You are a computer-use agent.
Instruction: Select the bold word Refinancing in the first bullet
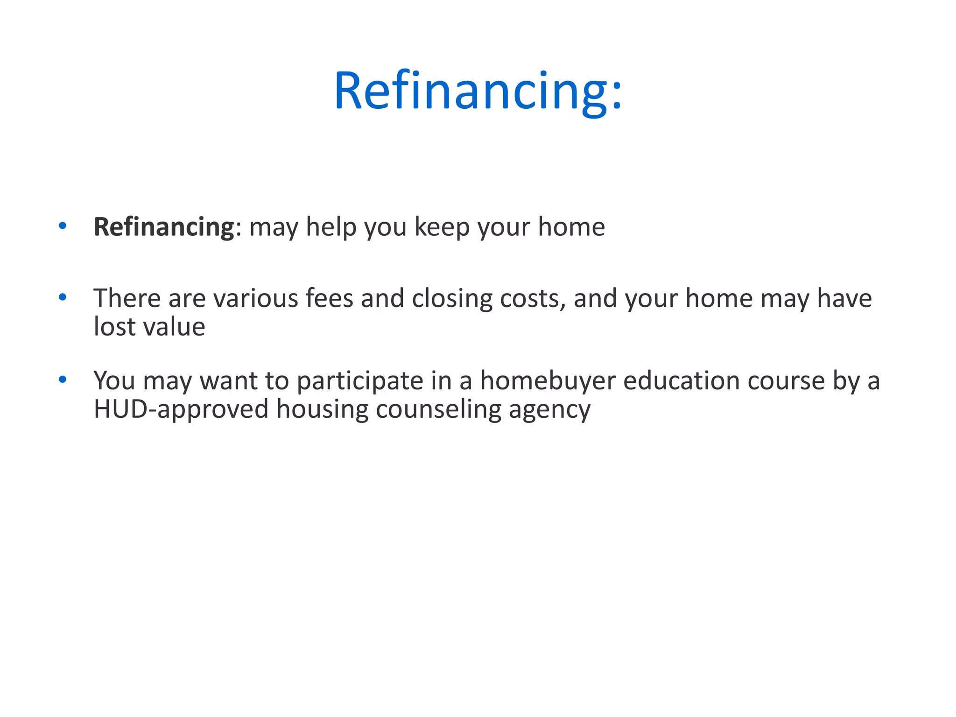(163, 227)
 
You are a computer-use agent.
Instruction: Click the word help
(331, 227)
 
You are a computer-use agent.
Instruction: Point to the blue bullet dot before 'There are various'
(63, 297)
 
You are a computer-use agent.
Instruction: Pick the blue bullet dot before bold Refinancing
(63, 226)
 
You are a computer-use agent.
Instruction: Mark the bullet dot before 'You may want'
(63, 379)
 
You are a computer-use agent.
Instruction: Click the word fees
(329, 298)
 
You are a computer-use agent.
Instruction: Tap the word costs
(533, 298)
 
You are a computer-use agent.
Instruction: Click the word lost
(114, 326)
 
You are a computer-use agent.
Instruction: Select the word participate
(360, 381)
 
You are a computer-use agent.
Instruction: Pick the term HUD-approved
(181, 409)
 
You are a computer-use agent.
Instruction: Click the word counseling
(438, 409)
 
